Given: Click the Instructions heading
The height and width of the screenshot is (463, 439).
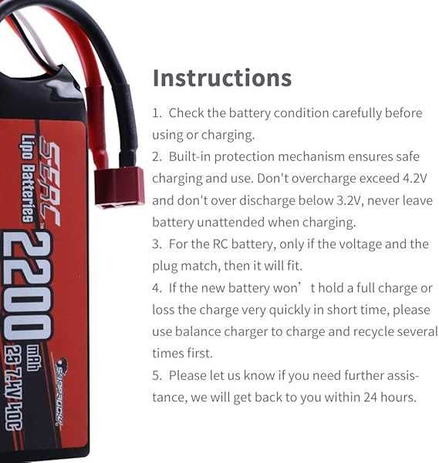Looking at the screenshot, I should point(222,78).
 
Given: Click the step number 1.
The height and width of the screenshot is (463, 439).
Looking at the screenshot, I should point(157,113).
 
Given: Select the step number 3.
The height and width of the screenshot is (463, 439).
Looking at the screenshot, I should point(157,245).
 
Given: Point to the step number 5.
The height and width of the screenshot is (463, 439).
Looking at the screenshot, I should point(157,376).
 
